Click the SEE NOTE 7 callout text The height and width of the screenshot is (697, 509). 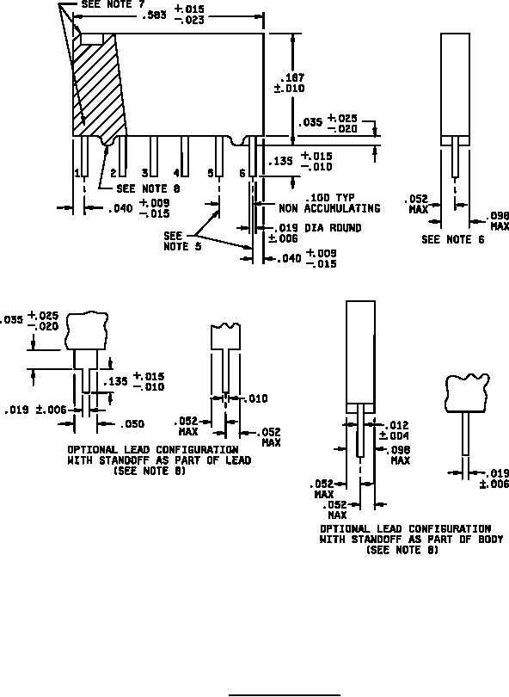tap(113, 4)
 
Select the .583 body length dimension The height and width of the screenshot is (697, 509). tap(154, 15)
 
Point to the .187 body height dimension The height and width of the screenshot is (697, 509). tap(293, 78)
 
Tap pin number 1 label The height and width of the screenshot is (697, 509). tap(77, 173)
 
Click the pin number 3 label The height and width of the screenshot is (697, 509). tap(144, 173)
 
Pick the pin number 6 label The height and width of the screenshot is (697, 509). tap(242, 173)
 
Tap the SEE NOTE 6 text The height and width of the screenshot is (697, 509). tap(452, 239)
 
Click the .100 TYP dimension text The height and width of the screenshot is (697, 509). tap(330, 198)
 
